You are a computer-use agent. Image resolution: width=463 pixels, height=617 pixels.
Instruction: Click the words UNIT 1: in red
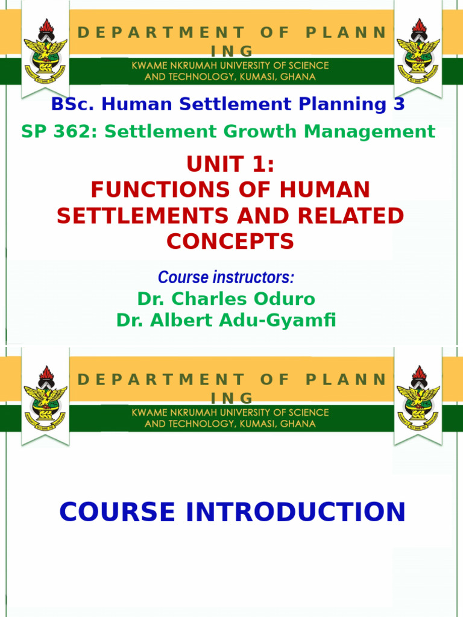230,164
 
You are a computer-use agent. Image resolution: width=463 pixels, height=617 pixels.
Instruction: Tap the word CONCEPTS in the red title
230,242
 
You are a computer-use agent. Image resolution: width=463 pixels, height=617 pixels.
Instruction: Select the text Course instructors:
226,278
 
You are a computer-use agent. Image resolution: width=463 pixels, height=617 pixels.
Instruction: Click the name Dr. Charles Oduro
226,299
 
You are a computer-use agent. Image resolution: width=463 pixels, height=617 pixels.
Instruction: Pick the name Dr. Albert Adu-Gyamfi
226,321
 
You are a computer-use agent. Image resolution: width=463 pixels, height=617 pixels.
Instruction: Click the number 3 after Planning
399,104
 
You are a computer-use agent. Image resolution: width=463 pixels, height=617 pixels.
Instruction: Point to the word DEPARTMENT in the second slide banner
162,380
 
